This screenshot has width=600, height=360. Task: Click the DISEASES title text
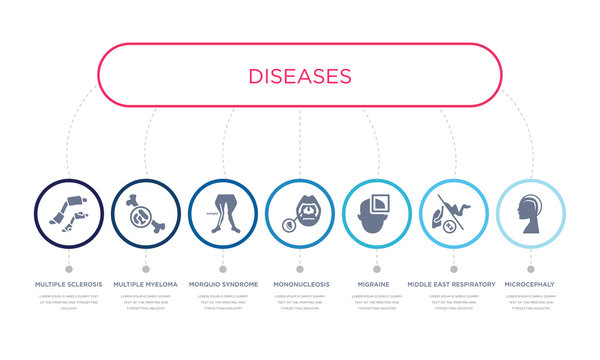pyautogui.click(x=300, y=76)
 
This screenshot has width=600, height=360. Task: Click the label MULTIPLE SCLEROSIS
pyautogui.click(x=68, y=284)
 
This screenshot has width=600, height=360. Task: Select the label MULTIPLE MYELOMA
pyautogui.click(x=146, y=284)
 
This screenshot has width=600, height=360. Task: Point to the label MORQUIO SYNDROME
pyautogui.click(x=222, y=284)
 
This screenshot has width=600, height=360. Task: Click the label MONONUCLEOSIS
pyautogui.click(x=299, y=284)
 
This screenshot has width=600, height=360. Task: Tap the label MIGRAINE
pyautogui.click(x=376, y=284)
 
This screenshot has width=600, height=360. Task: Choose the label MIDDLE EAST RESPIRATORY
pyautogui.click(x=453, y=284)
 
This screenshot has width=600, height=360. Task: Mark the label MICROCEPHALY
pyautogui.click(x=530, y=284)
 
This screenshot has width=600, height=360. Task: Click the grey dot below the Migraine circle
pyautogui.click(x=376, y=268)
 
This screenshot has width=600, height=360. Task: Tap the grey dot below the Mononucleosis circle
pyautogui.click(x=299, y=268)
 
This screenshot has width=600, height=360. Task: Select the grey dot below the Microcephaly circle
pyautogui.click(x=530, y=268)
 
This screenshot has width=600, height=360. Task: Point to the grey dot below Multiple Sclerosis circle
pyautogui.click(x=68, y=268)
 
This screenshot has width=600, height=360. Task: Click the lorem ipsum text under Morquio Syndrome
pyautogui.click(x=222, y=303)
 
